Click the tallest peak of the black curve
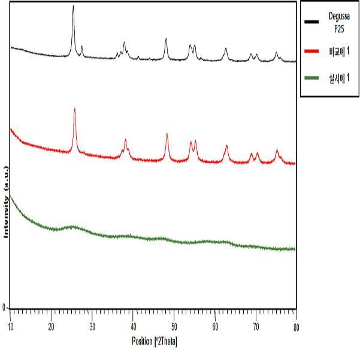pyautogui.click(x=73, y=5)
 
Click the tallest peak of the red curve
pyautogui.click(x=75, y=108)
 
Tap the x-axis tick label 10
pyautogui.click(x=10, y=327)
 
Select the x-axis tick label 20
pyautogui.click(x=51, y=327)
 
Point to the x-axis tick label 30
pyautogui.click(x=92, y=327)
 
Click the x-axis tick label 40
pyautogui.click(x=133, y=327)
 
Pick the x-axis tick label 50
pyautogui.click(x=174, y=327)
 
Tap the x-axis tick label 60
pyautogui.click(x=215, y=327)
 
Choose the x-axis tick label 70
pyautogui.click(x=256, y=327)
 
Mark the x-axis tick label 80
pyautogui.click(x=297, y=328)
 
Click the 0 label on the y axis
pyautogui.click(x=4, y=307)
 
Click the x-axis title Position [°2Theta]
pyautogui.click(x=155, y=341)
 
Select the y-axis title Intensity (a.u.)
pyautogui.click(x=6, y=202)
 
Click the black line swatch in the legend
pyautogui.click(x=311, y=22)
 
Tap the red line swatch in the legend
pyautogui.click(x=311, y=51)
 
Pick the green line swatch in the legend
pyautogui.click(x=311, y=78)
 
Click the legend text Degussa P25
pyautogui.click(x=339, y=23)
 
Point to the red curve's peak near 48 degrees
pyautogui.click(x=167, y=134)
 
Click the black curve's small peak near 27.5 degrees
pyautogui.click(x=82, y=46)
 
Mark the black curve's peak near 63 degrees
pyautogui.click(x=226, y=48)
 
